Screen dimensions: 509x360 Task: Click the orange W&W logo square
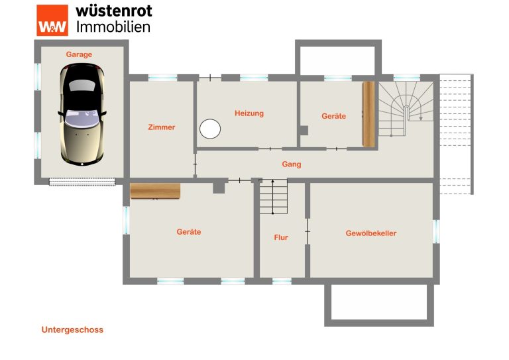click(52, 20)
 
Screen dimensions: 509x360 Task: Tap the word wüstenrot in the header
click(114, 11)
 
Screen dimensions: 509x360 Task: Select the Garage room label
click(79, 54)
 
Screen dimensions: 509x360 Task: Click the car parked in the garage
click(82, 114)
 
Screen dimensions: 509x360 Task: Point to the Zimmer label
click(162, 127)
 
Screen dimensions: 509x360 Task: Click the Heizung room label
click(249, 113)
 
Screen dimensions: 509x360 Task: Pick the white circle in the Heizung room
click(210, 129)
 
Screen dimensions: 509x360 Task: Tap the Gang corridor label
click(292, 164)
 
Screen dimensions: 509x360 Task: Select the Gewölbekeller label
click(371, 233)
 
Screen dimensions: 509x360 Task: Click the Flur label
click(281, 237)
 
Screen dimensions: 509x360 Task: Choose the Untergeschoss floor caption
click(72, 330)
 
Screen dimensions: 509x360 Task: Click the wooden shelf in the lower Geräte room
click(155, 191)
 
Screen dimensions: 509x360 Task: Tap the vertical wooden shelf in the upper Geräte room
click(368, 114)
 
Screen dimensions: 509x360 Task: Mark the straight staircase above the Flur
click(273, 196)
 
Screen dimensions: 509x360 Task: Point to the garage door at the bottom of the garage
click(82, 182)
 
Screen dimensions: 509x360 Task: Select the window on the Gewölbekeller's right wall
click(437, 231)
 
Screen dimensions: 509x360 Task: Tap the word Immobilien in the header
click(113, 27)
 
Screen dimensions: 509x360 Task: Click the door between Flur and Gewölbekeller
click(308, 231)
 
